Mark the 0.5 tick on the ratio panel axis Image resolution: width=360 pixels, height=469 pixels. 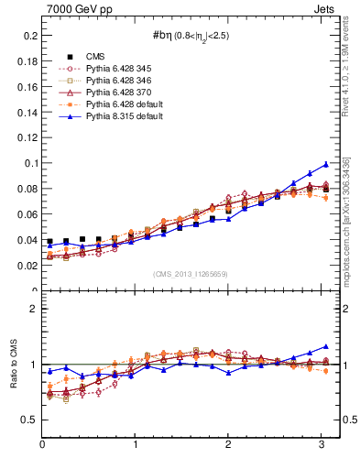coord(29,420)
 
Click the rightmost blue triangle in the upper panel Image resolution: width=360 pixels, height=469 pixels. coord(325,164)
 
